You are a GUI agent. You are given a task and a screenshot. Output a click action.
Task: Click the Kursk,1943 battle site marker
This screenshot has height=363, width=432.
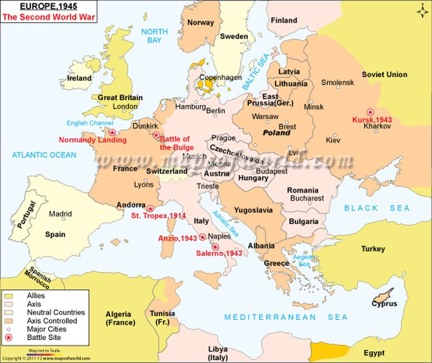click(370, 110)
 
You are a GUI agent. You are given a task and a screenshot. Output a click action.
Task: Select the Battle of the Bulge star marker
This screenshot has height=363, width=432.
click(156, 135)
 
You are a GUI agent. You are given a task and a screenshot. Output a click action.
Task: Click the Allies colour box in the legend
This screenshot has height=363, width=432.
click(9, 296)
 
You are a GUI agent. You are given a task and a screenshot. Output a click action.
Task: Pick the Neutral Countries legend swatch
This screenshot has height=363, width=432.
click(9, 312)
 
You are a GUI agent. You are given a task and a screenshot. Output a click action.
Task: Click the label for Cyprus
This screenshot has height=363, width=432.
click(384, 304)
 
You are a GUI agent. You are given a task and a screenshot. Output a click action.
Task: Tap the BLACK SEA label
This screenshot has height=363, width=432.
click(377, 208)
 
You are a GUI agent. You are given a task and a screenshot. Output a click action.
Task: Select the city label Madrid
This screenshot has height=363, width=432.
click(60, 214)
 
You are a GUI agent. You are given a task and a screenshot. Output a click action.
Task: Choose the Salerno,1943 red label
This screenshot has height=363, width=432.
click(219, 253)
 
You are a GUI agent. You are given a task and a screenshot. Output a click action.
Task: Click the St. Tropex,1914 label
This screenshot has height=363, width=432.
click(158, 216)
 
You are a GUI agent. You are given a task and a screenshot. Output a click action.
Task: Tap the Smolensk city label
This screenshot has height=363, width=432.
click(337, 83)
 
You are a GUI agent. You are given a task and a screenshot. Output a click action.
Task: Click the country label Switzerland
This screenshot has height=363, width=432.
click(167, 171)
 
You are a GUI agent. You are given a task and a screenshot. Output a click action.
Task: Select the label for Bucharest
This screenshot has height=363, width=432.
click(306, 198)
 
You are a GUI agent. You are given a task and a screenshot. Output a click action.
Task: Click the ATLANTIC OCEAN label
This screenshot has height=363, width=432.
click(44, 155)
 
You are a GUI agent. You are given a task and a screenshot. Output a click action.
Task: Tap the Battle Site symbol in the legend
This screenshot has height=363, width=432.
click(9, 337)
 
